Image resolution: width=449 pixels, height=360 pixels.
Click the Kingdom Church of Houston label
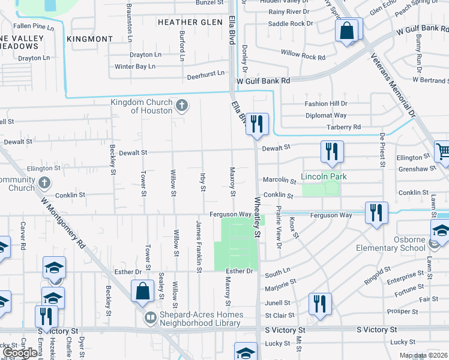point(142,106)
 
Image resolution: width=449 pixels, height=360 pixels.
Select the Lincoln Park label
point(325,178)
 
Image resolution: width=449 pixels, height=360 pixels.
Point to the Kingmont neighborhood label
point(90,38)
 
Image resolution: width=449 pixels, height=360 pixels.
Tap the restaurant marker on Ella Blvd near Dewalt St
point(257,124)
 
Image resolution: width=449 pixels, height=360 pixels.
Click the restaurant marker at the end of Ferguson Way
point(376,213)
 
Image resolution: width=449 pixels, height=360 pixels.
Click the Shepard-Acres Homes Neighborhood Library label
point(201,319)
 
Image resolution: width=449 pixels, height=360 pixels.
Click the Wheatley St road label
point(258,216)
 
